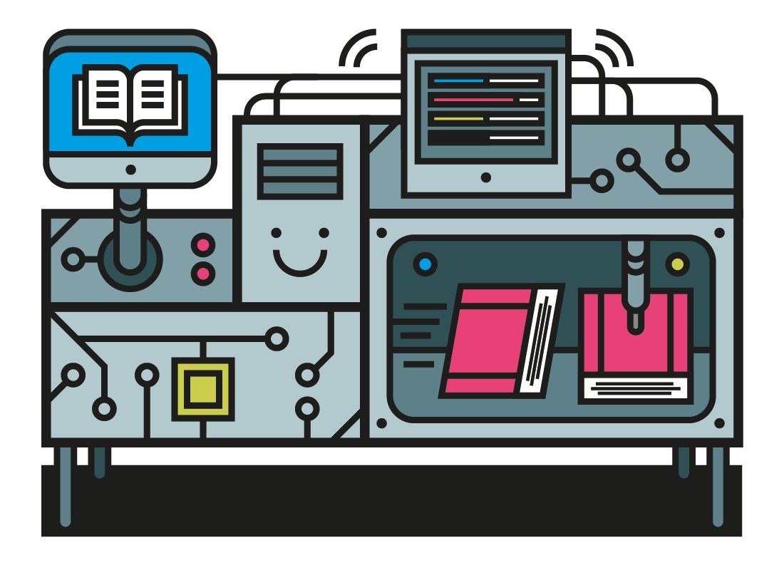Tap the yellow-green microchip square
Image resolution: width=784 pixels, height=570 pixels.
tap(203, 389)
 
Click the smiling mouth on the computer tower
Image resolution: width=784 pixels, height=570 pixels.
tap(300, 264)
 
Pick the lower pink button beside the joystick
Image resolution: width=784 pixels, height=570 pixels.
tap(204, 273)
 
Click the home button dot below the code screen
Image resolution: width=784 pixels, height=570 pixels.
tap(486, 177)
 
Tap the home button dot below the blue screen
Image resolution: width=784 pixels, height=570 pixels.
tap(130, 170)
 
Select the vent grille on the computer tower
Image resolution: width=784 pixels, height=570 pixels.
tap(300, 171)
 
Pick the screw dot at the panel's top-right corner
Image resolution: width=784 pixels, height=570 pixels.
tap(719, 233)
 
